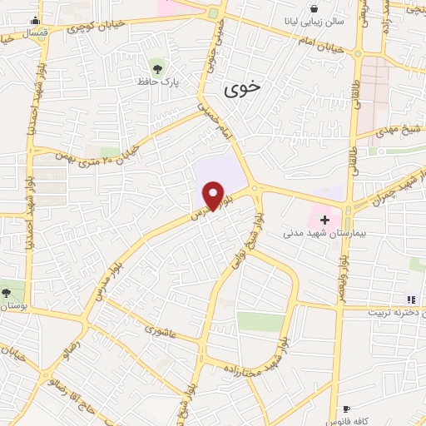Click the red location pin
(x=214, y=195)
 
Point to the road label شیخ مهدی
(x=399, y=127)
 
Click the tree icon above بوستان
(x=6, y=292)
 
